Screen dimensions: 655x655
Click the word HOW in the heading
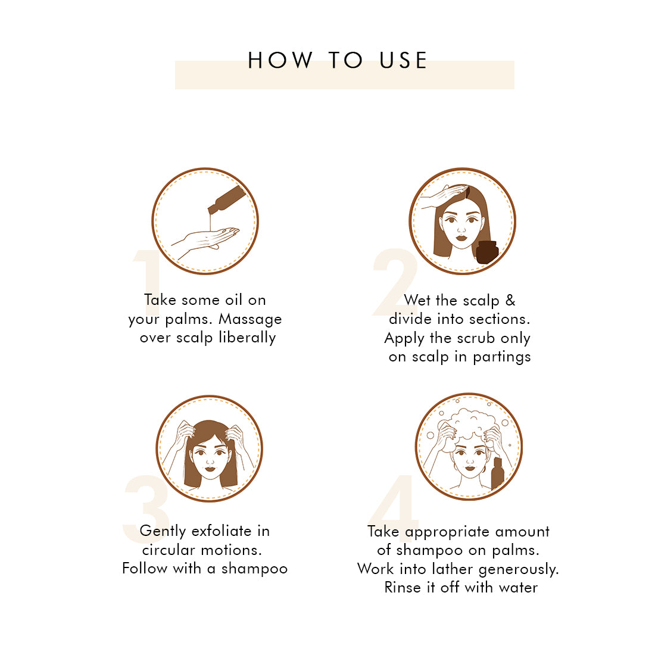tap(280, 60)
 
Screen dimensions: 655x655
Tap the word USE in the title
tap(403, 60)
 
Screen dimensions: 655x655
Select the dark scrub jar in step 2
tap(487, 252)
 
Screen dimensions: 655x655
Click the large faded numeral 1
tap(148, 282)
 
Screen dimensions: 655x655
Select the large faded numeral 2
tap(395, 282)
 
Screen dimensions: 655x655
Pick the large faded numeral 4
tap(394, 508)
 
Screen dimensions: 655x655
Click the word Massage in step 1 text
tap(250, 320)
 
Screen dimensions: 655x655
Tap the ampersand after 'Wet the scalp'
tap(510, 300)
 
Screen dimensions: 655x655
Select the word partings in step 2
tap(502, 357)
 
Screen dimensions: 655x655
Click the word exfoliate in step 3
tap(222, 531)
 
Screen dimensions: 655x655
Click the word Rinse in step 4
tap(403, 587)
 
